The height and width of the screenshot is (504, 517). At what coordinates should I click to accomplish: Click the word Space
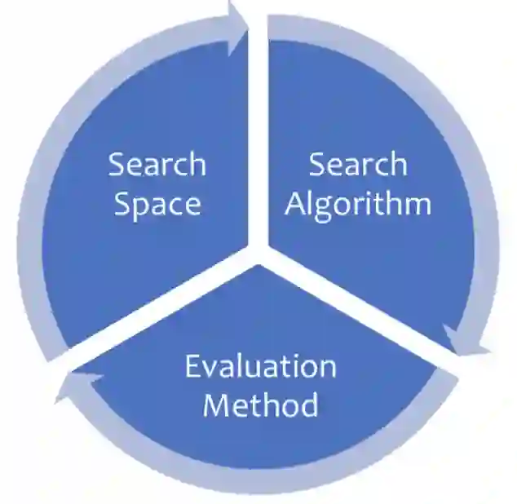tap(157, 204)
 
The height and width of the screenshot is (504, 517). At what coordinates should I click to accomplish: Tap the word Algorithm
tap(358, 204)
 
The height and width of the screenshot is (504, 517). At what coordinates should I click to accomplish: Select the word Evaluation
tap(260, 366)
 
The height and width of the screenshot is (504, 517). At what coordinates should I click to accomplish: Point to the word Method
tap(260, 405)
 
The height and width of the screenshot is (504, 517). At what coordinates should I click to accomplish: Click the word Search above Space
tap(157, 165)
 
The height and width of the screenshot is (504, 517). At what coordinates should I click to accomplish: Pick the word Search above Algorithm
tap(358, 165)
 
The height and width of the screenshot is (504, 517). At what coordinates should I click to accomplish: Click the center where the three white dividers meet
tap(258, 253)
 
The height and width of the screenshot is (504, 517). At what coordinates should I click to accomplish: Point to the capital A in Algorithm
tap(297, 204)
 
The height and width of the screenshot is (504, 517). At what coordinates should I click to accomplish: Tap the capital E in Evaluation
tap(192, 367)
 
